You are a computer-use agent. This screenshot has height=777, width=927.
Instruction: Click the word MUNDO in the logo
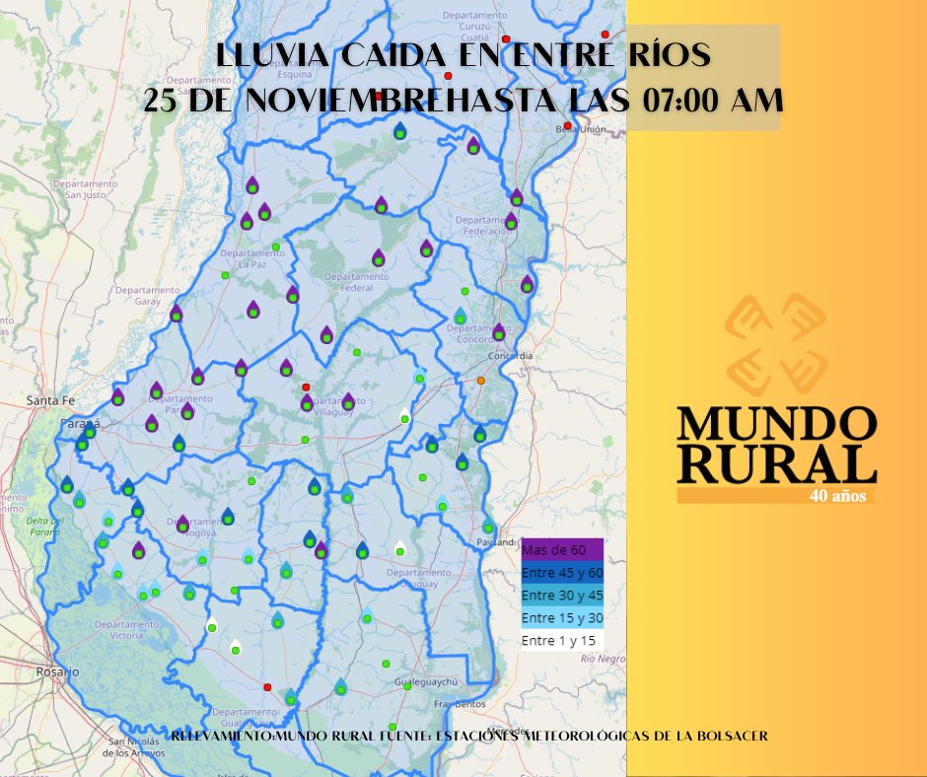pos(777,423)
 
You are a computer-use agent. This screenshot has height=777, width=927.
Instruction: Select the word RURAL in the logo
pos(777,462)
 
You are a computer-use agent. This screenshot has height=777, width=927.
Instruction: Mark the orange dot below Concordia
pos(481,381)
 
